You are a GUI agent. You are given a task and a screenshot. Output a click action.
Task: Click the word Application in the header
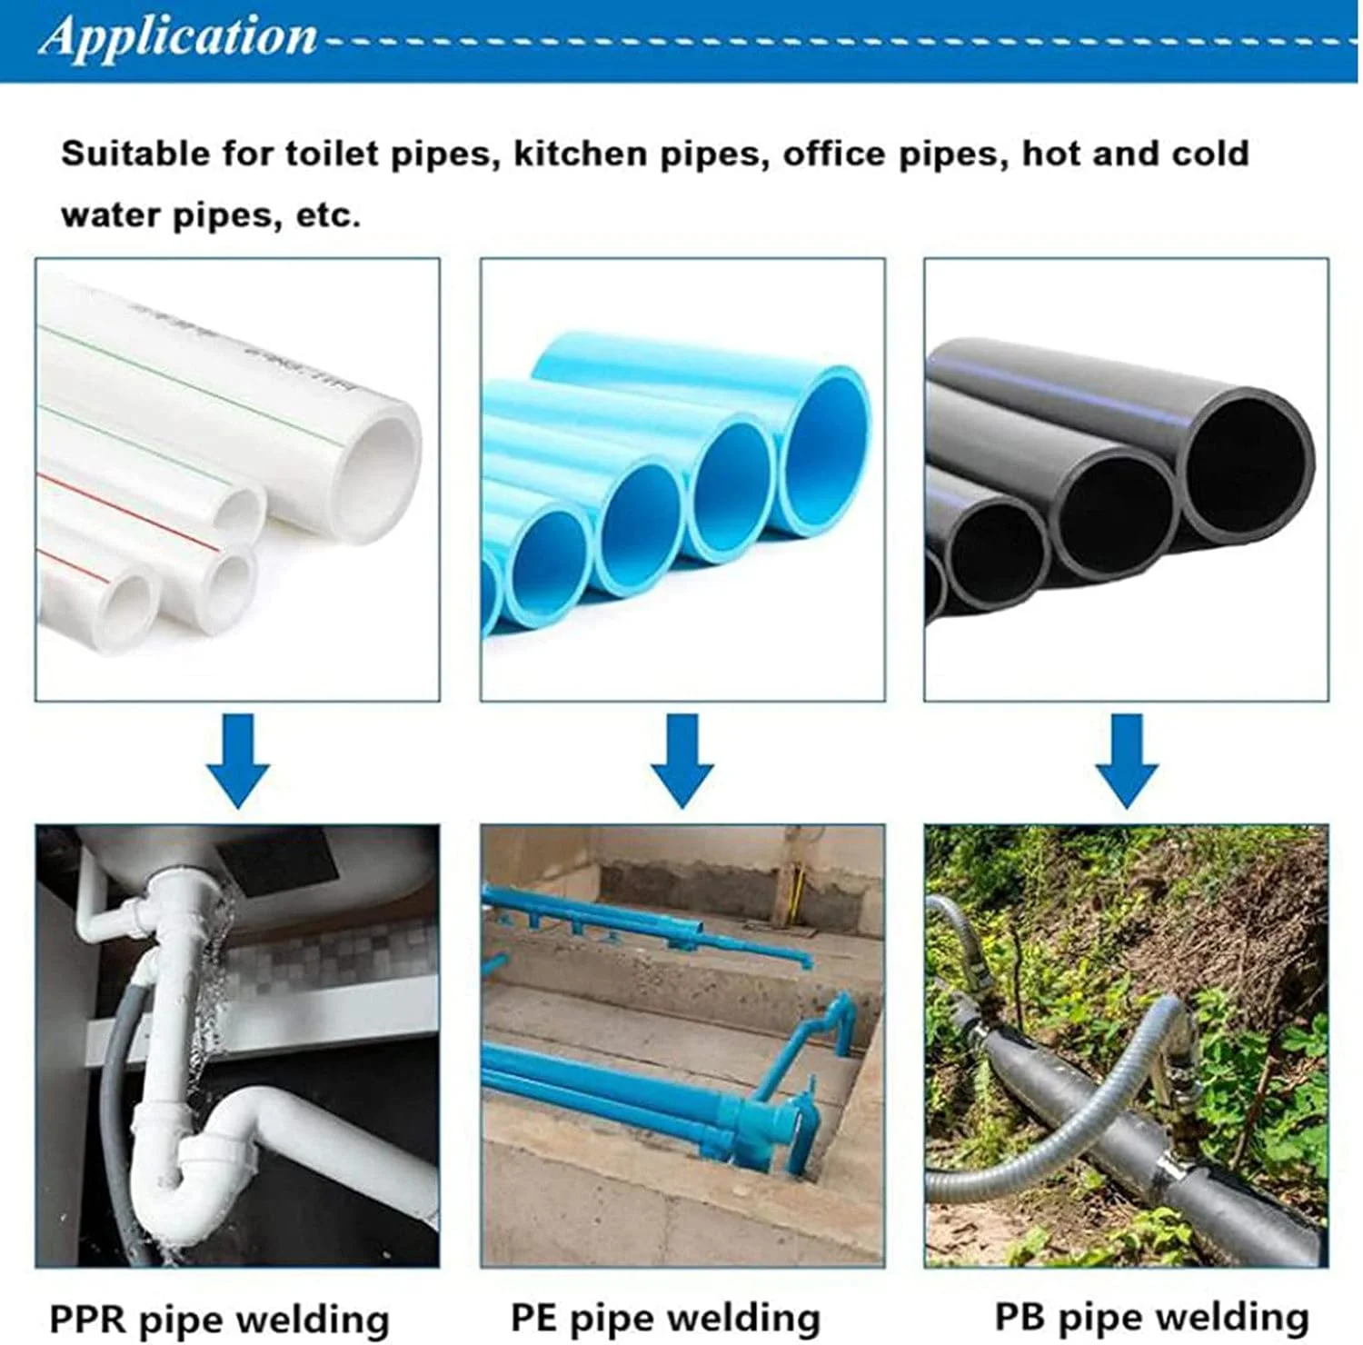click(179, 38)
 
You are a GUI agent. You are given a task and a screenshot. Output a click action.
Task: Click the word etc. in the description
click(328, 215)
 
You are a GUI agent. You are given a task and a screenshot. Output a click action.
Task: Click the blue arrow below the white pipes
click(238, 761)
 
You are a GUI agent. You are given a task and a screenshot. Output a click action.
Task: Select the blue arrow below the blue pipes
click(682, 761)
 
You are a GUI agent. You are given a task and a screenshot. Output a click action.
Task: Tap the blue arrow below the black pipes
click(1127, 761)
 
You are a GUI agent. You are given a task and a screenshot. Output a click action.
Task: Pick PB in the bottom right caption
click(1022, 1316)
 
